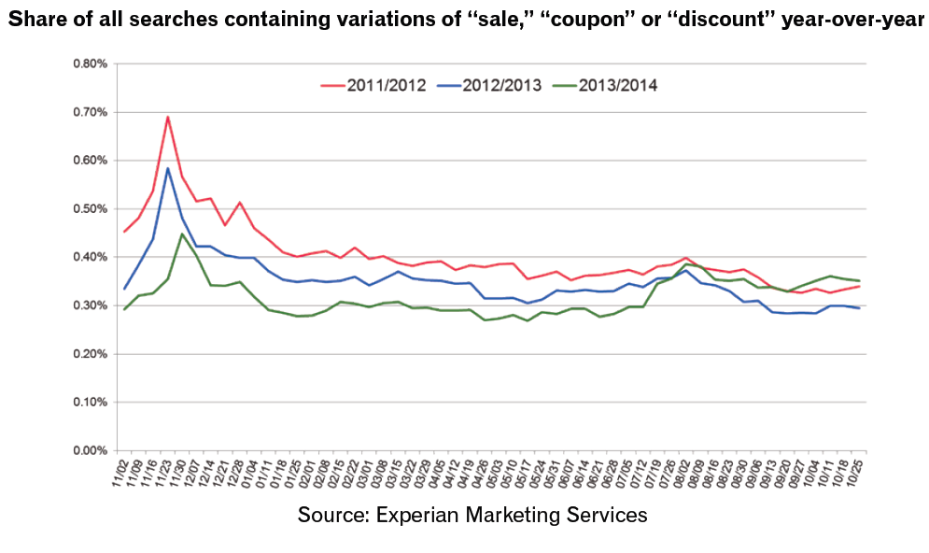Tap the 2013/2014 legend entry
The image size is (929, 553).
click(x=618, y=86)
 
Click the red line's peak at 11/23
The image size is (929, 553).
click(x=167, y=117)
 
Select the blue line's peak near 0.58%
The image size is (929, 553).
click(x=167, y=168)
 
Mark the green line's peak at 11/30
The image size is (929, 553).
click(x=181, y=234)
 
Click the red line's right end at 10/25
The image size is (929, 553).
click(x=859, y=286)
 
